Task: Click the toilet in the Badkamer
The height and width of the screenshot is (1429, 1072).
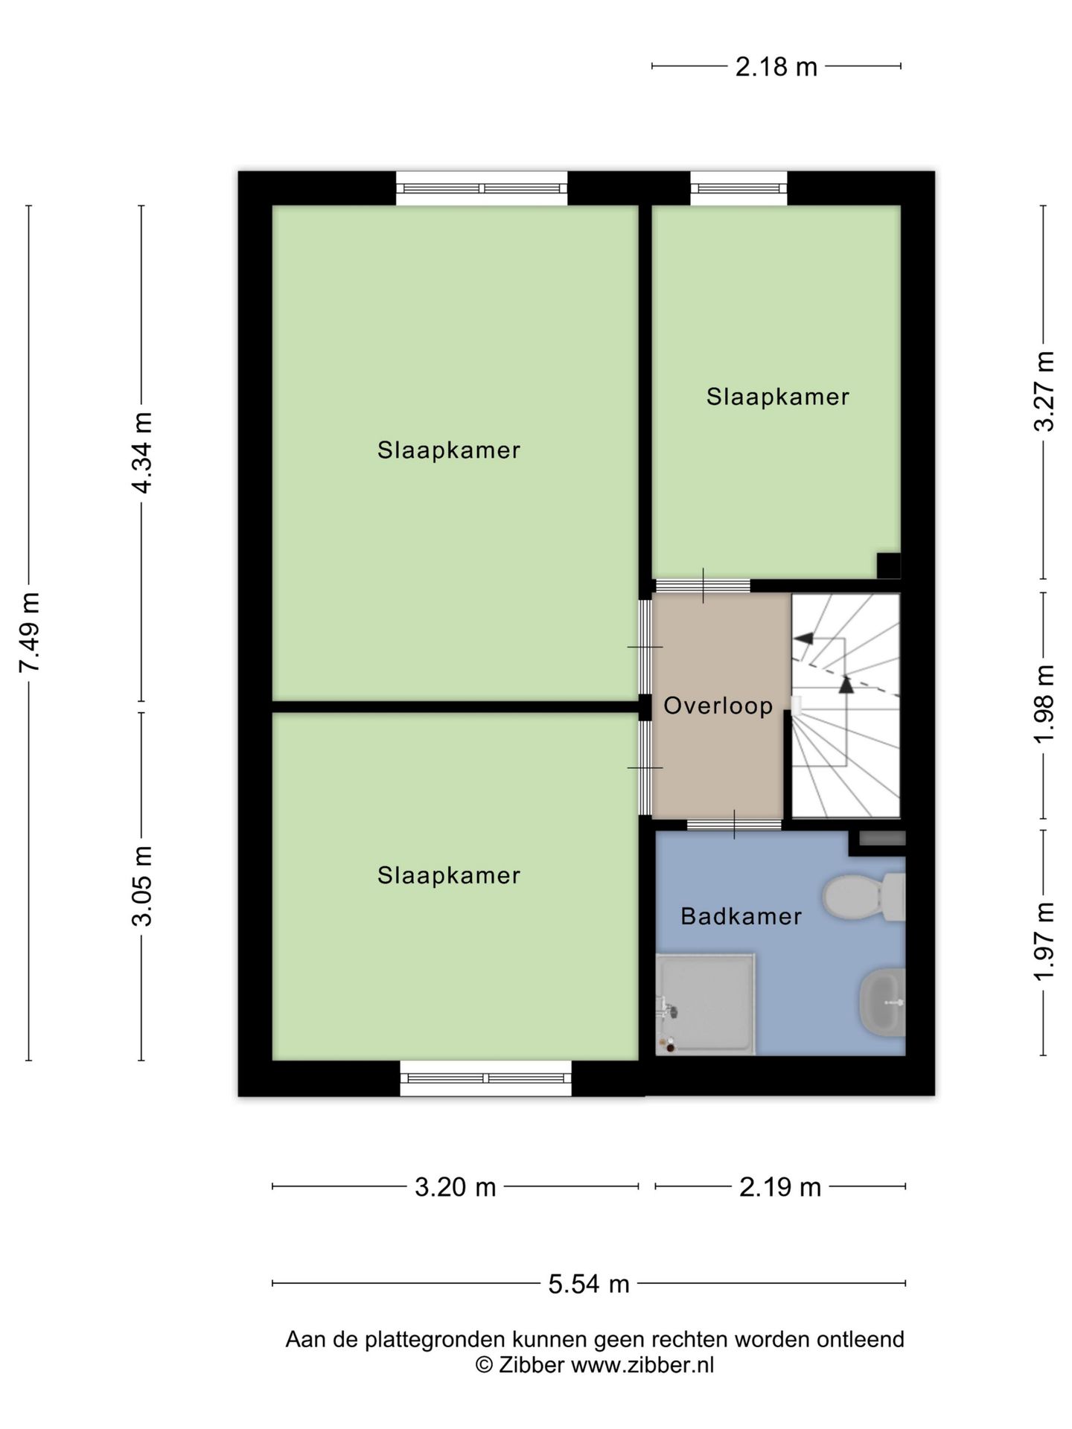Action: (x=864, y=897)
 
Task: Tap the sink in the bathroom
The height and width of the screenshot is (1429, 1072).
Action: (x=882, y=1002)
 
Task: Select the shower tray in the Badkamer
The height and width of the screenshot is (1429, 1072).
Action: (x=705, y=1004)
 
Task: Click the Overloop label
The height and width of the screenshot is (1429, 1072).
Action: (x=718, y=706)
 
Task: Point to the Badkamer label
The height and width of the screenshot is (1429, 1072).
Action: (x=741, y=916)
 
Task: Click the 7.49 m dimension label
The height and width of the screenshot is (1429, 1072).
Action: (x=30, y=633)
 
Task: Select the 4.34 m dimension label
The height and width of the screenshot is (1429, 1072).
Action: (x=141, y=453)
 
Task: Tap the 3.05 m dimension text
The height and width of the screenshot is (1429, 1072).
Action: (x=141, y=886)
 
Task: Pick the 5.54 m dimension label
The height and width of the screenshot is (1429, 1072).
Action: (x=589, y=1284)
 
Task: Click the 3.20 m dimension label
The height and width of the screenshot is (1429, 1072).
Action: (x=456, y=1186)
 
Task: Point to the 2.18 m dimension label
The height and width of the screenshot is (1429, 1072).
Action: (x=776, y=67)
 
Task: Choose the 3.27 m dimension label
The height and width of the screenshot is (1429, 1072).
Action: (x=1044, y=391)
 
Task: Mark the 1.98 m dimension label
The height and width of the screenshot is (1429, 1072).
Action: (x=1044, y=703)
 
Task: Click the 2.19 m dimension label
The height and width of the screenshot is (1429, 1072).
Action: (x=780, y=1186)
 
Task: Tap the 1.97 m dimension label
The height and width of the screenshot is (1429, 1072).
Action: (x=1044, y=942)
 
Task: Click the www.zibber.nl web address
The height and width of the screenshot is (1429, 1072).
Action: (x=642, y=1365)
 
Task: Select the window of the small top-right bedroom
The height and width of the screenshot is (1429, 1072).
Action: (x=738, y=188)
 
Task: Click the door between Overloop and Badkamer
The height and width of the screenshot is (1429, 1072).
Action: (x=734, y=824)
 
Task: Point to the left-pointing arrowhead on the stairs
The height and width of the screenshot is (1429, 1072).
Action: (x=803, y=638)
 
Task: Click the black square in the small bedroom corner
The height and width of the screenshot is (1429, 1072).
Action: (x=889, y=566)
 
